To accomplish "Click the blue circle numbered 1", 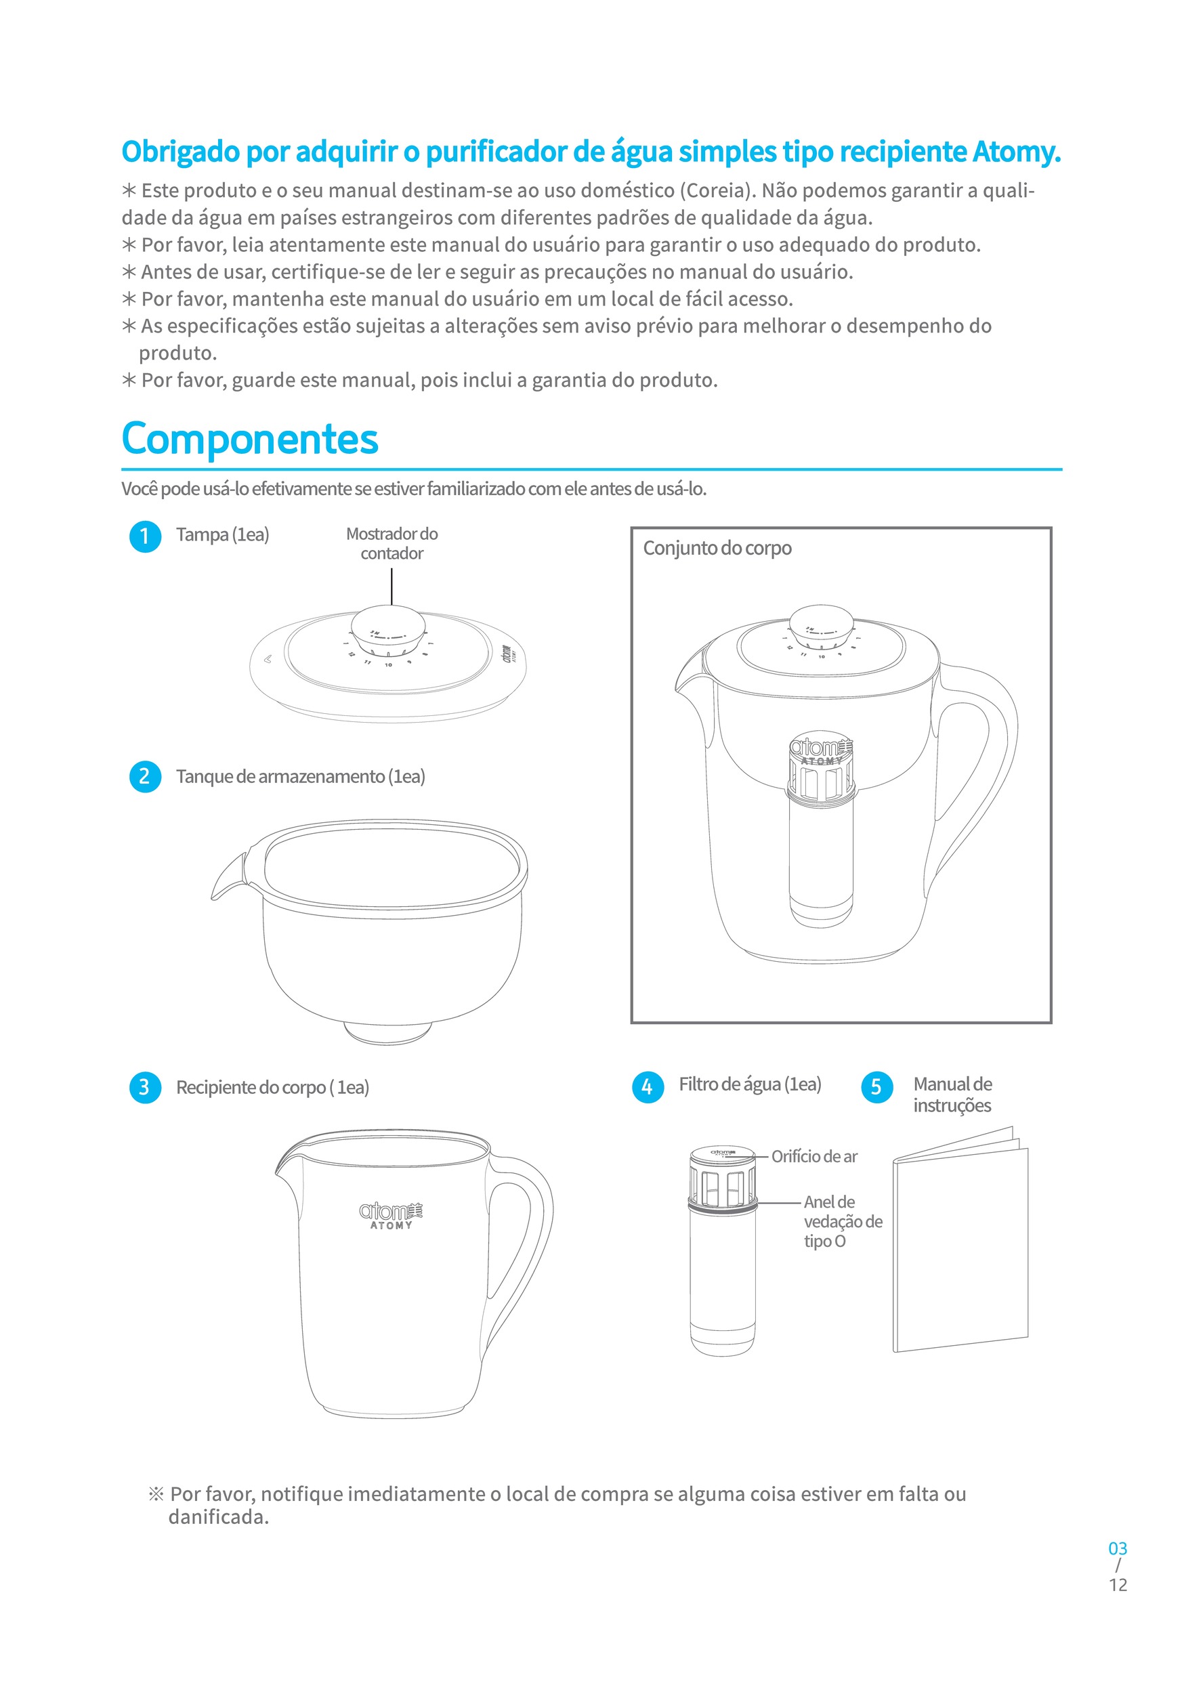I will (145, 536).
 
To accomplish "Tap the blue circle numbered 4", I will (648, 1086).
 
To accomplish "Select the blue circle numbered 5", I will (876, 1086).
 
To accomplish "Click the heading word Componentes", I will (250, 439).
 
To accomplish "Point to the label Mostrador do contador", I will (392, 543).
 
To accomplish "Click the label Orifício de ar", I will (814, 1157).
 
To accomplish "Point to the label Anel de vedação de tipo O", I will (842, 1221).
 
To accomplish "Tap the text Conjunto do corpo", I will (717, 548).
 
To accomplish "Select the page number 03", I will (1118, 1548).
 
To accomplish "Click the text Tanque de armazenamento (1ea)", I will (300, 776).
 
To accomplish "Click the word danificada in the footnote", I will (218, 1517).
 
